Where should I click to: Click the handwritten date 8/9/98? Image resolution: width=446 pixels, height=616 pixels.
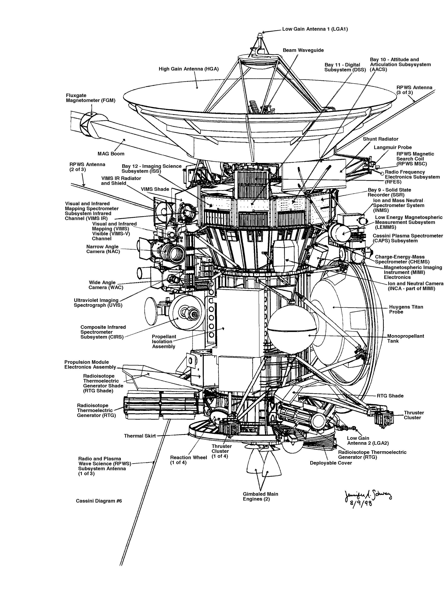pyautogui.click(x=361, y=503)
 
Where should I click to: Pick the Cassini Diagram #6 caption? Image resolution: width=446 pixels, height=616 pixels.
pyautogui.click(x=99, y=501)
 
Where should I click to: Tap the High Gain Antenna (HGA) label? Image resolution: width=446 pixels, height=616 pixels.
pyautogui.click(x=188, y=69)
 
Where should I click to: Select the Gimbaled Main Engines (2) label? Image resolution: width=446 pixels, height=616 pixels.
pyautogui.click(x=260, y=496)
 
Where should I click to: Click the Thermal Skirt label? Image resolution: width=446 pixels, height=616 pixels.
pyautogui.click(x=140, y=436)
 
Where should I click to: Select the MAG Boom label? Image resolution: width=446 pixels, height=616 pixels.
pyautogui.click(x=111, y=154)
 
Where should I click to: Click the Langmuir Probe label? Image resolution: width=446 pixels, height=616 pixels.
pyautogui.click(x=393, y=148)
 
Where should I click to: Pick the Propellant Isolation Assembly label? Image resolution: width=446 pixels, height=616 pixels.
pyautogui.click(x=164, y=341)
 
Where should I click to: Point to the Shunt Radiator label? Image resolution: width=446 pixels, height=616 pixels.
pyautogui.click(x=380, y=139)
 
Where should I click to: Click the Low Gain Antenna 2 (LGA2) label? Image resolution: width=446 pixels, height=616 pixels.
pyautogui.click(x=367, y=441)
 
